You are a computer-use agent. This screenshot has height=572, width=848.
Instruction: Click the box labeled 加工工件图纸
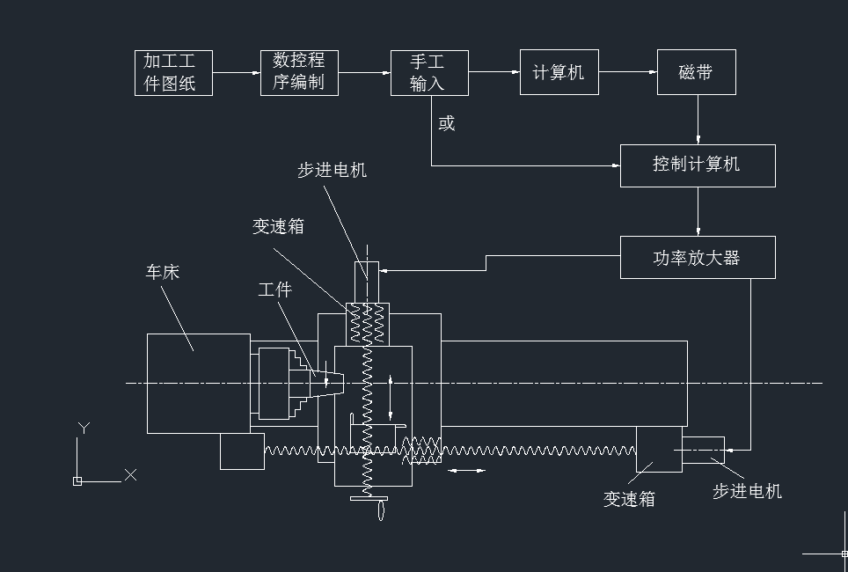(173, 73)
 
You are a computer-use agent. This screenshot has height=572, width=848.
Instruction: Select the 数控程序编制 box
(299, 72)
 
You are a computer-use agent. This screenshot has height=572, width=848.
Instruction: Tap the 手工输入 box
(429, 73)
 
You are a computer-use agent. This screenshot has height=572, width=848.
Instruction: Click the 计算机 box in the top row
(559, 72)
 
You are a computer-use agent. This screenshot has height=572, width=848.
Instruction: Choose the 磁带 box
(697, 72)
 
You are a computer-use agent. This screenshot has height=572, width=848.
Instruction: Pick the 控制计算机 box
(698, 165)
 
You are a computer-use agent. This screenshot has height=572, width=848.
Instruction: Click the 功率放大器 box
(698, 257)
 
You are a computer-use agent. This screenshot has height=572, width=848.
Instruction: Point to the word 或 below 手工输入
(447, 123)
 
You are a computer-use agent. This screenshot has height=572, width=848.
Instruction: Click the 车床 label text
(163, 272)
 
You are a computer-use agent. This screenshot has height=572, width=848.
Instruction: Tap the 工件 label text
(274, 290)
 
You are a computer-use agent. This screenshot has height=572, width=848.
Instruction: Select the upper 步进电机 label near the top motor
(332, 171)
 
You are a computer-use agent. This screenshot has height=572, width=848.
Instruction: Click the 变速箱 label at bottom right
(629, 499)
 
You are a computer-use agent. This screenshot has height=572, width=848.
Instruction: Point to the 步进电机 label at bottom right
(747, 491)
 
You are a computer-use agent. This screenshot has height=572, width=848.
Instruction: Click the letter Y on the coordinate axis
(84, 428)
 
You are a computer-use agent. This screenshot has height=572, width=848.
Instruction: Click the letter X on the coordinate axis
(130, 474)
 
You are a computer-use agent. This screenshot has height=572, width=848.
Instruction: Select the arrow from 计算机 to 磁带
(628, 72)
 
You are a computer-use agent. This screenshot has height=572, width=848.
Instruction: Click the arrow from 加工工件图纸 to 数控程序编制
(236, 73)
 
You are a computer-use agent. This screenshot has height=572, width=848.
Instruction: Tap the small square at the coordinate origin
(77, 481)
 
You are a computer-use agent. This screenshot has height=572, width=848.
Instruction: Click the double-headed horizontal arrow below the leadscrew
(466, 471)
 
